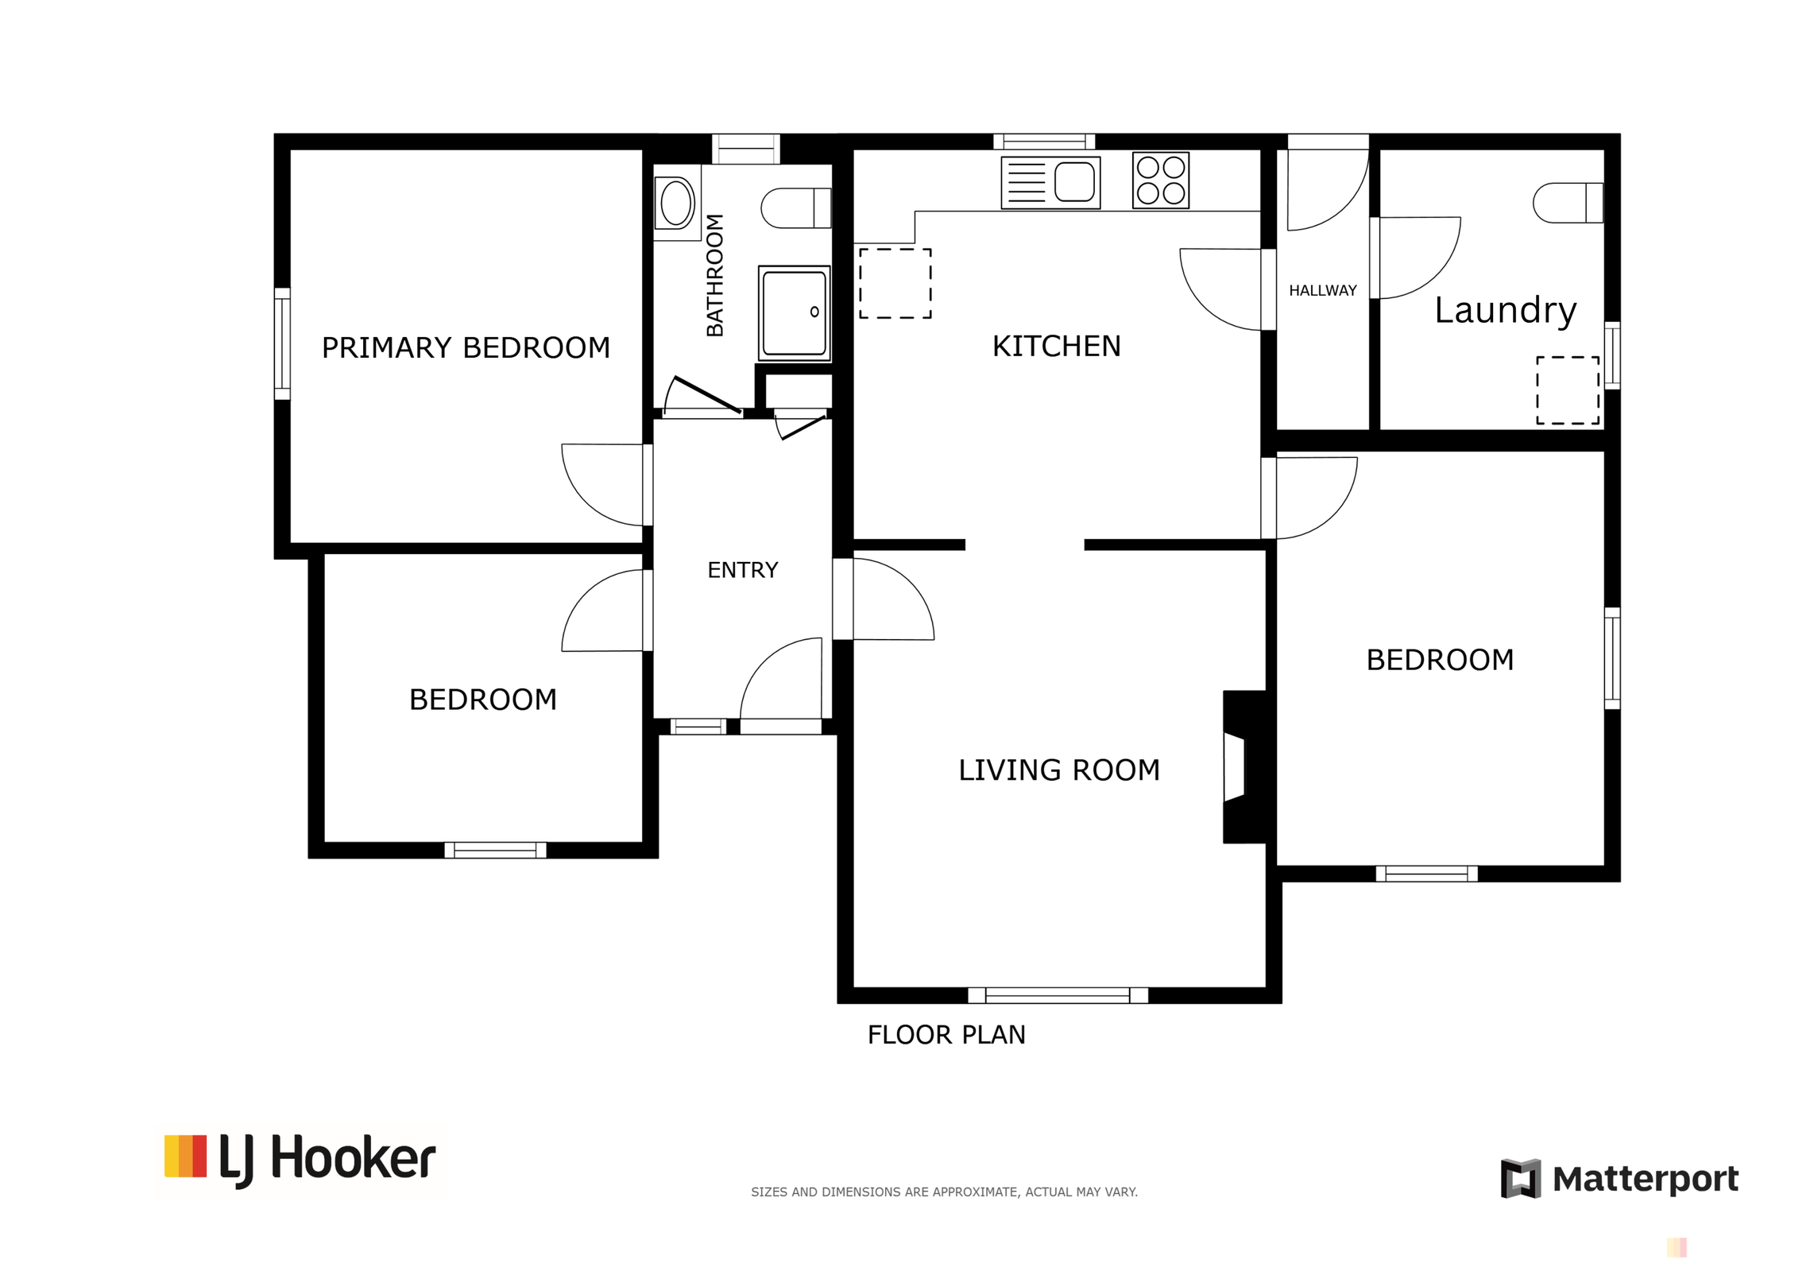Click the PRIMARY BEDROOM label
466,347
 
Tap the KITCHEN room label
1056,346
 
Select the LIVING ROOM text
1058,769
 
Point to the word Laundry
1505,311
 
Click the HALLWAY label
1322,291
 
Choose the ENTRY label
742,570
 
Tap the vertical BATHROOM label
714,275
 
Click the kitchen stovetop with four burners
1160,180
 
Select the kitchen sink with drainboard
1050,183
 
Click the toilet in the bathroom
795,208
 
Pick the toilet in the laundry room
1568,203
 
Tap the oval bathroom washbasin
676,203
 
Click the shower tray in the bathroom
794,312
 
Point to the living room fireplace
1243,767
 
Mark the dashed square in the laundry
1567,390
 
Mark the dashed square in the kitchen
895,283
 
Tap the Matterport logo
1619,1178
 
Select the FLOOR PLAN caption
946,1035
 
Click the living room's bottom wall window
1058,995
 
